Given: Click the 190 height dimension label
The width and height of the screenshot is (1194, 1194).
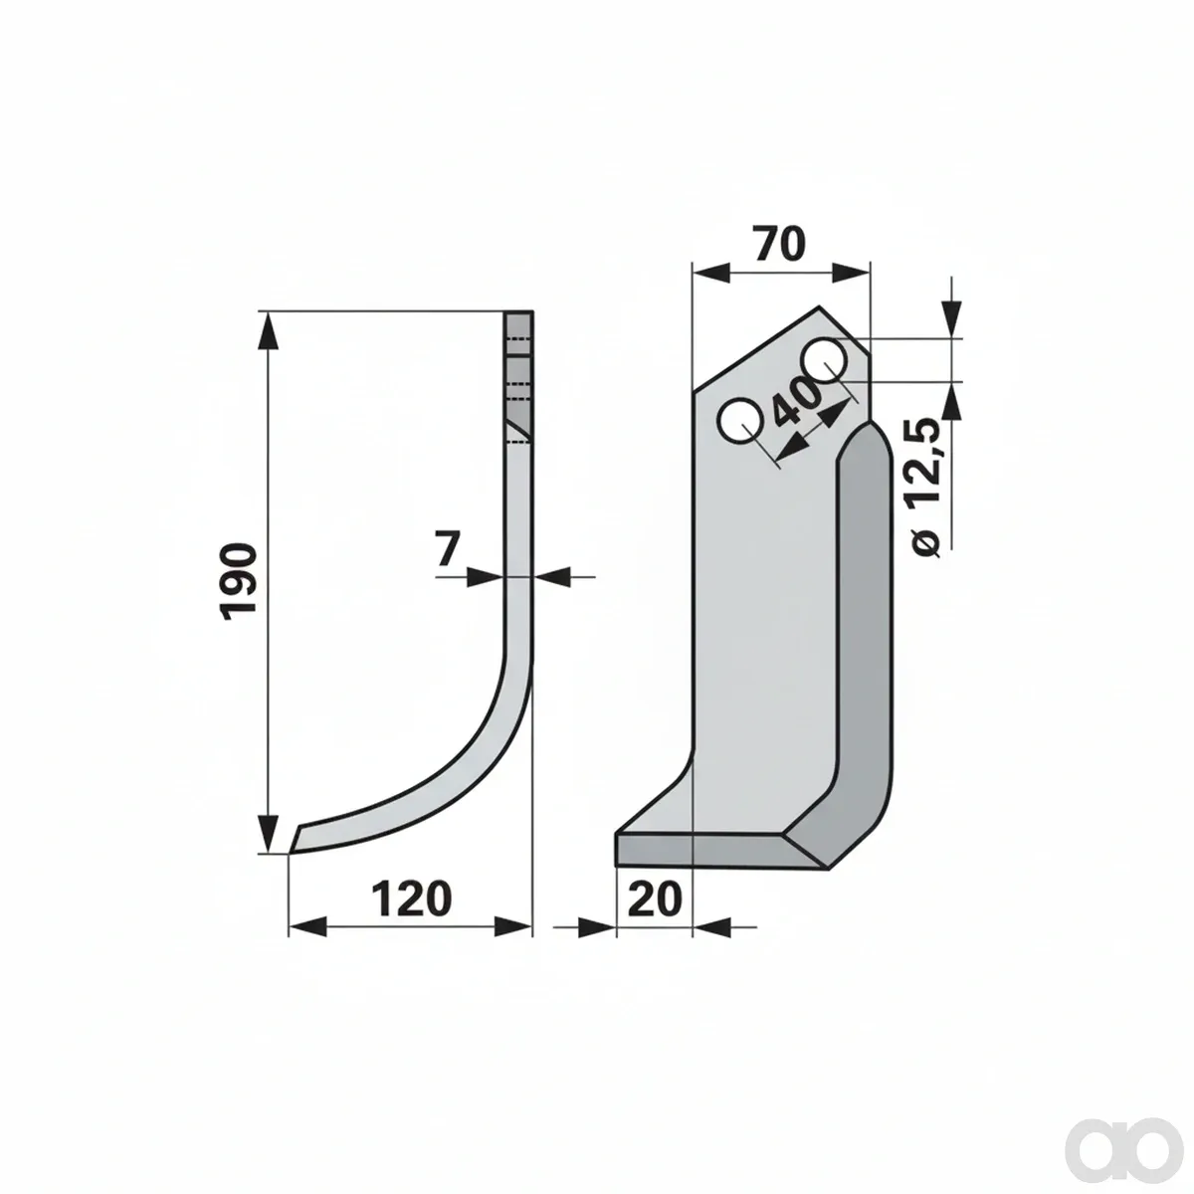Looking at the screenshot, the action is tap(239, 581).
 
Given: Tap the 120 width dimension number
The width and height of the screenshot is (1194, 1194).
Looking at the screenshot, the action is tap(411, 898).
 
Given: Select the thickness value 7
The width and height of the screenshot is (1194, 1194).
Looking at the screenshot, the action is tap(447, 549).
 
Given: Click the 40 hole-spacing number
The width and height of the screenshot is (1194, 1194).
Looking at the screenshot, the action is tap(796, 401).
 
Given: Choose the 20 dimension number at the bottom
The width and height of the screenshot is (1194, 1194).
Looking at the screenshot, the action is tap(655, 898).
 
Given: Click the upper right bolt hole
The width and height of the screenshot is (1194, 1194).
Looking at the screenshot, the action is tap(824, 360).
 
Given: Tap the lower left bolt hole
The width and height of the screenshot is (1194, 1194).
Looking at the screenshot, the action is tap(739, 421).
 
